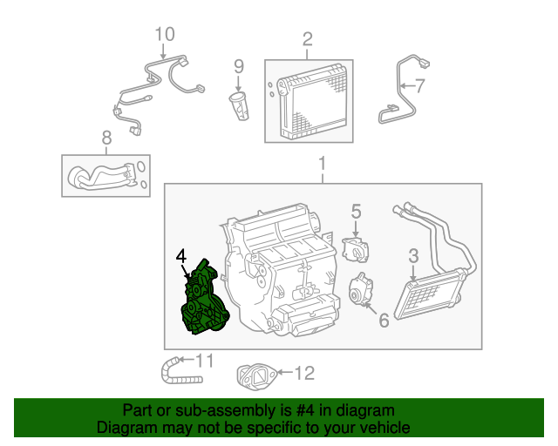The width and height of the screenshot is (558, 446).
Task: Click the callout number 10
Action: tap(165, 34)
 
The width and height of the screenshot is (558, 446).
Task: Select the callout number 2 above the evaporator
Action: tap(307, 38)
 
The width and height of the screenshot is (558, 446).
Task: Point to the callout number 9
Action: tap(238, 65)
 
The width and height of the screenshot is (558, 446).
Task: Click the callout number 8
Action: tap(106, 138)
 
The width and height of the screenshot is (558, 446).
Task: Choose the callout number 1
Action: tap(322, 164)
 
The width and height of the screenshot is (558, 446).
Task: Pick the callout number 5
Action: tap(356, 210)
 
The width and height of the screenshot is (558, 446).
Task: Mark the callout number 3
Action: tap(414, 255)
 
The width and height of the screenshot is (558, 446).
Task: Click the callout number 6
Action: tap(384, 319)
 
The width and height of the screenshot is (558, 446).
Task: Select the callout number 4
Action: tap(180, 256)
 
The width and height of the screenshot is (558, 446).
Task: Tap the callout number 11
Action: tap(204, 360)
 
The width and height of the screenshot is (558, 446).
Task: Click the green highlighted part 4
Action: tap(201, 301)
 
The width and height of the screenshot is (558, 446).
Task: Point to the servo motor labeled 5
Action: tap(356, 247)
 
